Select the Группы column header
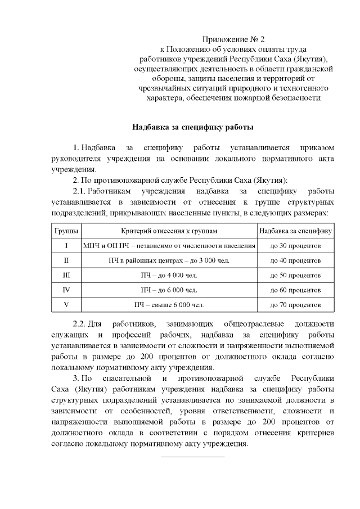coord(66,231)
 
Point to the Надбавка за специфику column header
coord(295,231)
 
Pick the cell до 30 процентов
coord(295,246)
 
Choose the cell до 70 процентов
coord(295,305)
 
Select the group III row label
coord(66,276)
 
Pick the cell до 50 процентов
coord(295,276)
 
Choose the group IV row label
coord(66,290)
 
